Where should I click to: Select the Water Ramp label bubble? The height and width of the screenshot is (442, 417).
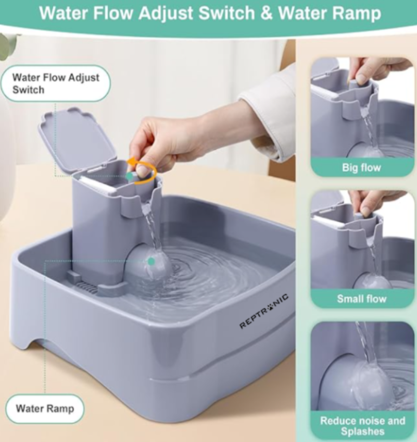[45, 408]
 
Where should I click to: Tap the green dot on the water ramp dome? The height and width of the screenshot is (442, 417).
[151, 261]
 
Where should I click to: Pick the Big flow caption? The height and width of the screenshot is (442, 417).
[361, 167]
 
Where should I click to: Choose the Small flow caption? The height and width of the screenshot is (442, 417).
[361, 299]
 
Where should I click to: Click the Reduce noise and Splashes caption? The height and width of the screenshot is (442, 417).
[362, 426]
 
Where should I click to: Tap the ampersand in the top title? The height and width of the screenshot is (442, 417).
[266, 13]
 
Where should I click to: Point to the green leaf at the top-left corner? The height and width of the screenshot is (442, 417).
[8, 44]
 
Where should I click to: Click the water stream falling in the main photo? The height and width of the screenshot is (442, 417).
[152, 229]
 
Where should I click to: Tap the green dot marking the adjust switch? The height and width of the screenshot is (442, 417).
[129, 176]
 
